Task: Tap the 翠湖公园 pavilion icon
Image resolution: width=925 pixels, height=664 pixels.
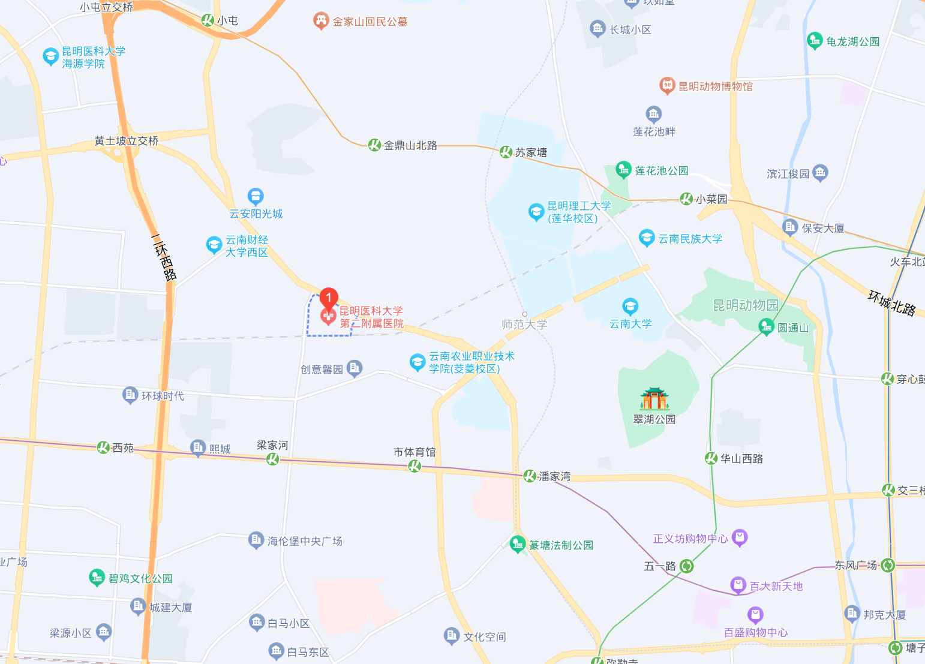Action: [x=654, y=399]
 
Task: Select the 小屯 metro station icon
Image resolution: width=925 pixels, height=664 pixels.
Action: [x=208, y=20]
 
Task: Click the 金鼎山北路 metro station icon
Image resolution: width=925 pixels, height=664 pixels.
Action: [x=374, y=145]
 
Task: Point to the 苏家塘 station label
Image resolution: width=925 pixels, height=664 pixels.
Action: [x=531, y=152]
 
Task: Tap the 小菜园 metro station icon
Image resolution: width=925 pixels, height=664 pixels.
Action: [x=686, y=199]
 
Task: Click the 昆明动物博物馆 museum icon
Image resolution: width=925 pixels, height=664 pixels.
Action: [x=667, y=86]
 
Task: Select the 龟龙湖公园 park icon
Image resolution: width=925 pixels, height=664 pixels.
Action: [x=814, y=41]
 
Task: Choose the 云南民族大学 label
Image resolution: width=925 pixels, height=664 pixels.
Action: [x=690, y=239]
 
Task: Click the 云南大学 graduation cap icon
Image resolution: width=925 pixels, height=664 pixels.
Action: [x=630, y=307]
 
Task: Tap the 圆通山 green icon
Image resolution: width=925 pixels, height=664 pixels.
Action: [x=766, y=327]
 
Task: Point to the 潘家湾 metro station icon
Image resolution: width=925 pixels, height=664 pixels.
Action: [x=529, y=476]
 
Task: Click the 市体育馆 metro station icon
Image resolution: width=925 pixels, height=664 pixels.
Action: [x=415, y=465]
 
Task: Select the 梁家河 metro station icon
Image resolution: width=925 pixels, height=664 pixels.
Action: [x=272, y=459]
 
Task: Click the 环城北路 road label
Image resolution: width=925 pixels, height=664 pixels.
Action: [x=892, y=302]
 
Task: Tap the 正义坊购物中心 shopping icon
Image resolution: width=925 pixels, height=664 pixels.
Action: [x=740, y=538]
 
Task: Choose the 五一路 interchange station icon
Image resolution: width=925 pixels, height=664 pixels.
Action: [x=687, y=566]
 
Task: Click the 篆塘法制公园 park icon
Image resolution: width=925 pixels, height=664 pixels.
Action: [x=517, y=544]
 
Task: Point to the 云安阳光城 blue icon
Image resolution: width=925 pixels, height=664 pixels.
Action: [x=256, y=196]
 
